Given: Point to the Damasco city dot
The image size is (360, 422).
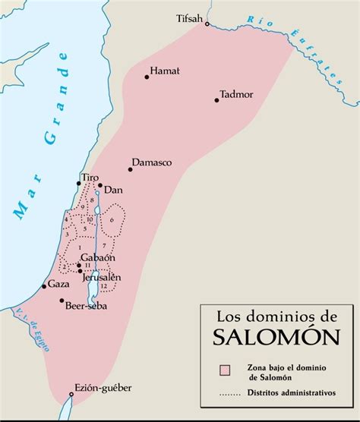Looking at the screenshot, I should click(x=130, y=168).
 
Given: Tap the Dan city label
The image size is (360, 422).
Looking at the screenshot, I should click(x=113, y=188).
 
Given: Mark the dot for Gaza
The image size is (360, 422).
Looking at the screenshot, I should click(x=43, y=287).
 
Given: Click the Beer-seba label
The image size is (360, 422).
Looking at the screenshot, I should click(x=86, y=305).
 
